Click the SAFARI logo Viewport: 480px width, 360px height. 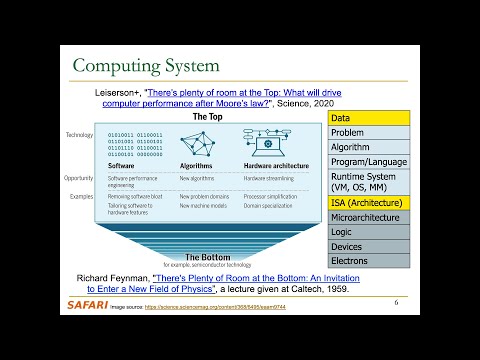(x=93, y=304)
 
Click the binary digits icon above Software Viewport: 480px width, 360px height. (x=135, y=142)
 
